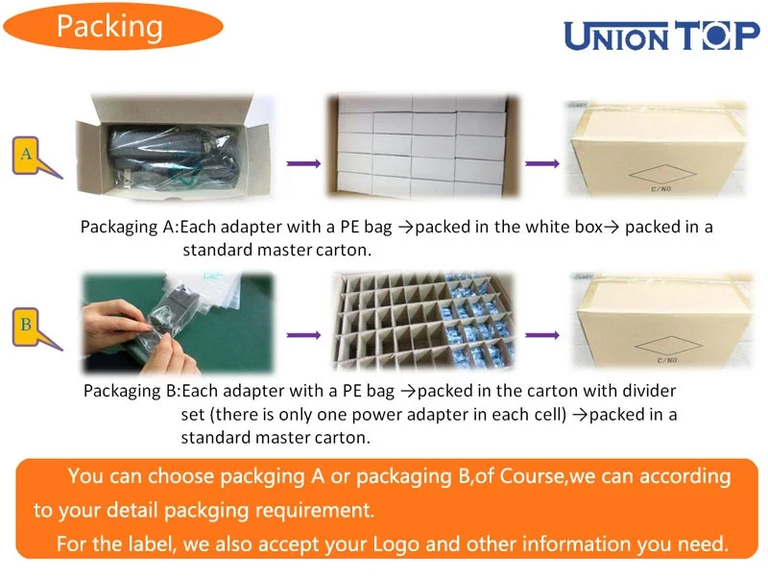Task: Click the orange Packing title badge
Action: pyautogui.click(x=113, y=27)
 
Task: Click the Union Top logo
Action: pyautogui.click(x=661, y=36)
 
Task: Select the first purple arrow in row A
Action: pyautogui.click(x=303, y=163)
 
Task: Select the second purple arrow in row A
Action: pyautogui.click(x=542, y=163)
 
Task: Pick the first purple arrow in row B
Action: pyautogui.click(x=303, y=335)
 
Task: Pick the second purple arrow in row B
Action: pyautogui.click(x=542, y=335)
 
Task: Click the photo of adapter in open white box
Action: pyautogui.click(x=175, y=147)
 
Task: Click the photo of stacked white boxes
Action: pyautogui.click(x=423, y=146)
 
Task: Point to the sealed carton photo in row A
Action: pyautogui.click(x=657, y=149)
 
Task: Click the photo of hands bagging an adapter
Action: pyautogui.click(x=179, y=323)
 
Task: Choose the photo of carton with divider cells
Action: pyautogui.click(x=423, y=321)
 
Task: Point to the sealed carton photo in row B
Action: pyautogui.click(x=662, y=321)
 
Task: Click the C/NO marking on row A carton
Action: pyautogui.click(x=661, y=188)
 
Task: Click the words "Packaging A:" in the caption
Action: pyautogui.click(x=130, y=228)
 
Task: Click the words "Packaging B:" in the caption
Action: pyautogui.click(x=132, y=392)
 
